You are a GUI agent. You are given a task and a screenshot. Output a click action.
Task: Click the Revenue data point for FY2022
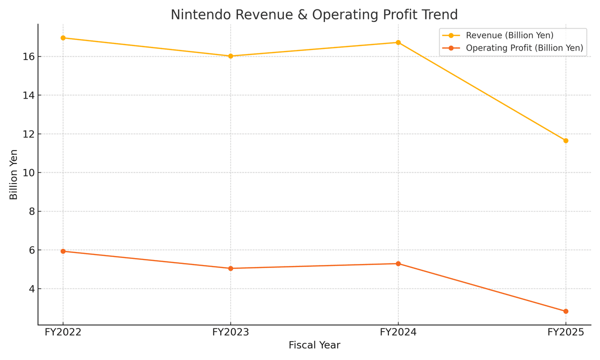point(63,38)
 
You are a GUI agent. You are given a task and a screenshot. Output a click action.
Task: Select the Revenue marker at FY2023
point(230,56)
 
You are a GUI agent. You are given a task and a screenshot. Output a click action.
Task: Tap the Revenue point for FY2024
point(398,42)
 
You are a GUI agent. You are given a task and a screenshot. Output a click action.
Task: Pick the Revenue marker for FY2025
point(565,140)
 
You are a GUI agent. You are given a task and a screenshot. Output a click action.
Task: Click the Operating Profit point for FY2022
point(63,251)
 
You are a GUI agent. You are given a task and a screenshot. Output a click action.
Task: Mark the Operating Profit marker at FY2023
point(230,268)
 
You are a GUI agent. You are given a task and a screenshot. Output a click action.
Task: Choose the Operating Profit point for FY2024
point(398,263)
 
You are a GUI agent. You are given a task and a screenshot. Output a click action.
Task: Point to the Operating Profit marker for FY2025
point(565,311)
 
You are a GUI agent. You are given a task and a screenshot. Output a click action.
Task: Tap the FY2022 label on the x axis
point(63,332)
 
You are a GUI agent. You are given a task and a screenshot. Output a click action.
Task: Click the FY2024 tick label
point(398,332)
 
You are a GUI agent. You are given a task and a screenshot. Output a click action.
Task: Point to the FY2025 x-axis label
point(565,332)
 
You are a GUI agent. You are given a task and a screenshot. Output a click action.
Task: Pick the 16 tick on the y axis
point(28,56)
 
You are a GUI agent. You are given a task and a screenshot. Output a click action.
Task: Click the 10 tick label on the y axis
point(28,172)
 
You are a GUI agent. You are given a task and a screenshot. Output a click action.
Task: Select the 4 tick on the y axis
point(31,289)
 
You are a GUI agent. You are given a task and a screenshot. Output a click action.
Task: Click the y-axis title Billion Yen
point(14,174)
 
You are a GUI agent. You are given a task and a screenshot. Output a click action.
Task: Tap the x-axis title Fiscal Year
point(314,345)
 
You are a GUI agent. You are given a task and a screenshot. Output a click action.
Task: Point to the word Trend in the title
point(439,15)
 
